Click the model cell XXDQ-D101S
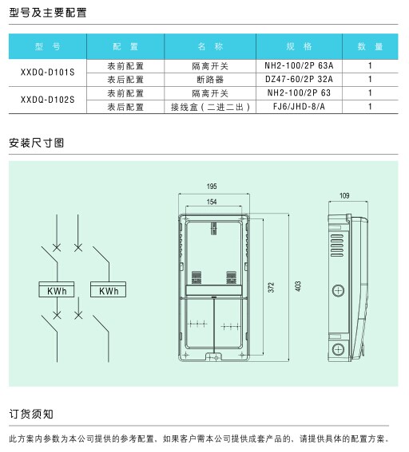tap(48, 73)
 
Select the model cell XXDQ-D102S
tap(48, 100)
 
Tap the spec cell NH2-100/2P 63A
tap(299, 65)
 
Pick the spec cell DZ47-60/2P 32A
tap(299, 79)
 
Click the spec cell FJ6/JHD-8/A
tap(299, 107)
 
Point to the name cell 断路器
tap(210, 80)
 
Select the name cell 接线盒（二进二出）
tap(210, 107)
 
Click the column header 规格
tap(299, 46)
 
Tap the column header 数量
tap(370, 46)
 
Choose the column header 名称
tap(210, 46)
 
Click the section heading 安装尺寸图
tap(37, 143)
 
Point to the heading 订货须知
tap(31, 414)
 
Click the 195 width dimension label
tap(212, 187)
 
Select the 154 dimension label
tap(212, 202)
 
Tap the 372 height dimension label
tap(271, 288)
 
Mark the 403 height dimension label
tap(298, 286)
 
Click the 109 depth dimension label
tap(344, 196)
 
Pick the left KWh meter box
tap(57, 289)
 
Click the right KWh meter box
tap(109, 289)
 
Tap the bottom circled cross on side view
tap(338, 350)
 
